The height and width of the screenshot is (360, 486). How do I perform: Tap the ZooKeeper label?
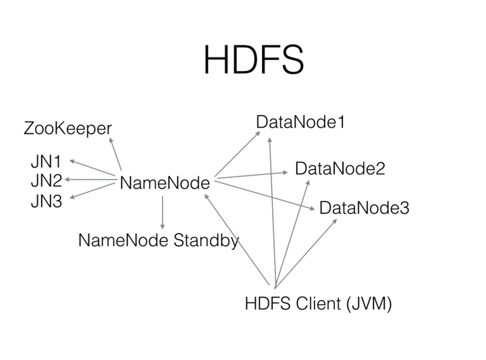coord(67,128)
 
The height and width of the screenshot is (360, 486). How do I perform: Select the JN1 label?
coord(46,161)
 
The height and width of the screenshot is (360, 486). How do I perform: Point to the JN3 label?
coord(46,201)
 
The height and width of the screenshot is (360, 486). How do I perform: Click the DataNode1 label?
coord(300,122)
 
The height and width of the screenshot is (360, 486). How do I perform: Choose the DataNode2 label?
coord(340,168)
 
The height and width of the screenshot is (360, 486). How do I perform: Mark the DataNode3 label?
coord(364,207)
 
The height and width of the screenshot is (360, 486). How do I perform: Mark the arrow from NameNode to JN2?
coord(91,180)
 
